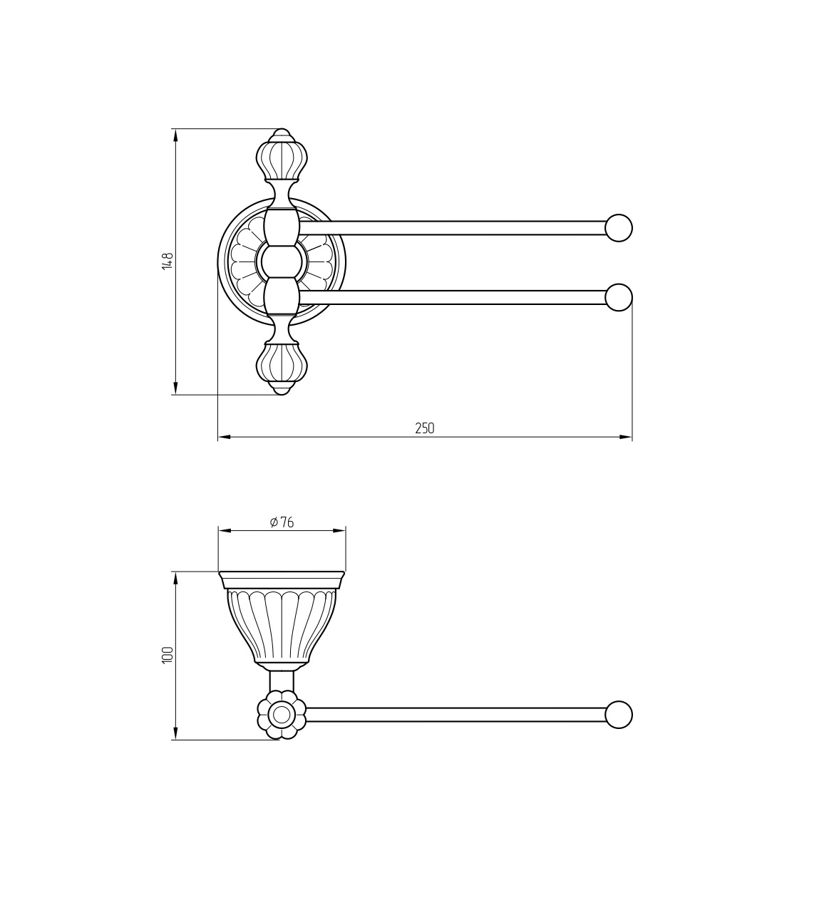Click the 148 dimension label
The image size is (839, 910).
[x=168, y=261]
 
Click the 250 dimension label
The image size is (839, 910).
[x=425, y=428]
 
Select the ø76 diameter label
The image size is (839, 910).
[x=282, y=522]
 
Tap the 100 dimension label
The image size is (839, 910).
[x=168, y=654]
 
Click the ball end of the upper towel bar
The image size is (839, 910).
[x=619, y=228]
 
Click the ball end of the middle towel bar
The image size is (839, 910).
[x=619, y=297]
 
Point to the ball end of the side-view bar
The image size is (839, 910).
[x=619, y=714]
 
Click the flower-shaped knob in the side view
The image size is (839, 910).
[x=281, y=714]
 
